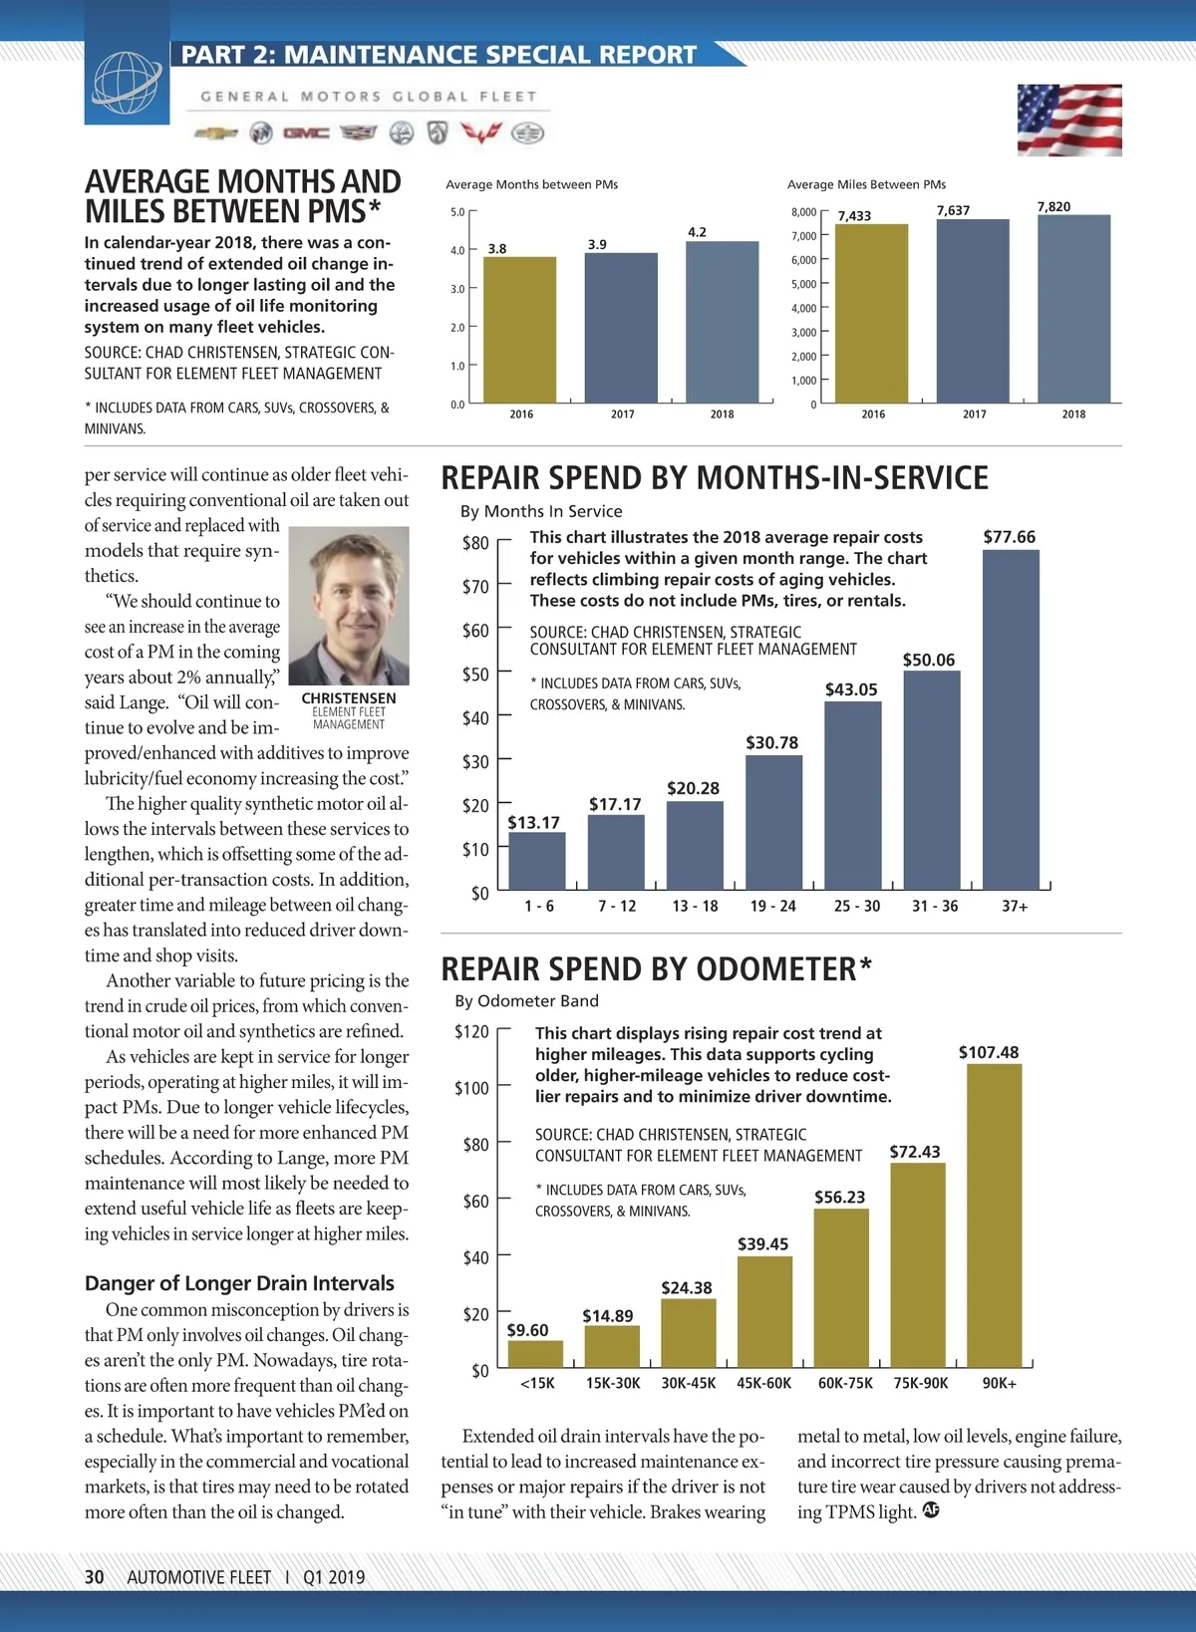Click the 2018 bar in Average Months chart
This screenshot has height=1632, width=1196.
tap(722, 322)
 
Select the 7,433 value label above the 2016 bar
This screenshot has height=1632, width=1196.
tap(854, 216)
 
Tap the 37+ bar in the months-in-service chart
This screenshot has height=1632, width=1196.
tap(1011, 718)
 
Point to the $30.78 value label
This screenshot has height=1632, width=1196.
tap(771, 743)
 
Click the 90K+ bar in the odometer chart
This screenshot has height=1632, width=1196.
tap(994, 1216)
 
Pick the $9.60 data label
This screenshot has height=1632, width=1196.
tap(527, 1330)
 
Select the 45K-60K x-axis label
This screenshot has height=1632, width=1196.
tap(763, 1383)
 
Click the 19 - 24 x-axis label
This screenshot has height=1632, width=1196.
tap(772, 906)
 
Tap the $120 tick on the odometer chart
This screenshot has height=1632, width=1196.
tap(471, 1031)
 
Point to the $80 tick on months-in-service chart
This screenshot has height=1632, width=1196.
tap(475, 543)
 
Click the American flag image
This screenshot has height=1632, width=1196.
tap(1069, 121)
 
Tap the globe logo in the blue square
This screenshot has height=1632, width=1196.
tap(127, 83)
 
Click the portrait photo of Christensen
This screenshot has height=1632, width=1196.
tap(349, 605)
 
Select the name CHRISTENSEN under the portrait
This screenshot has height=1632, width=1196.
tap(349, 698)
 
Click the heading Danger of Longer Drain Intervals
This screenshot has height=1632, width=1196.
tap(239, 1283)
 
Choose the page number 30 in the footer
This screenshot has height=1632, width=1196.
tap(95, 1577)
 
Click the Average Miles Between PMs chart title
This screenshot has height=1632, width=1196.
tap(866, 184)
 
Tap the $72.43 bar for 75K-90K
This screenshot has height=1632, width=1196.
tap(917, 1265)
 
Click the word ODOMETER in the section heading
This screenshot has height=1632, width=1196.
tap(775, 969)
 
